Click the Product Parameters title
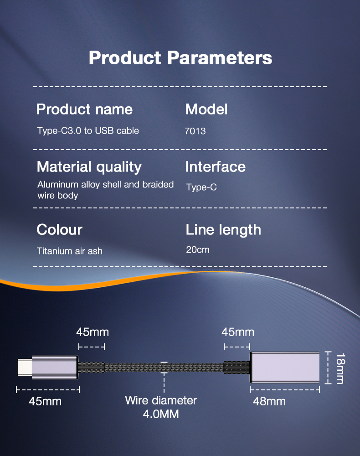coord(180,57)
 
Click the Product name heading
coord(84,109)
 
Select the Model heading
coord(206,109)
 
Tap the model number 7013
coord(195,131)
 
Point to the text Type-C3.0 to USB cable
coord(88,131)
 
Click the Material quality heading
coord(89,167)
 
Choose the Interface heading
coord(215,167)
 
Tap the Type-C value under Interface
coord(201,187)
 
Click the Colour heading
coord(60,230)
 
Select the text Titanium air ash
coord(69,251)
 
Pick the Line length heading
coord(223,230)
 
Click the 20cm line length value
coord(198,250)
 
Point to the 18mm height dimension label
coord(340,368)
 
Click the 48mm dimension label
coord(269,402)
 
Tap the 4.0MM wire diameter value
coord(161,414)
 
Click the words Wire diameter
coord(161,400)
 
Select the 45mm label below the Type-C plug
coord(45,402)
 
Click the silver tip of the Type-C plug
coord(25,368)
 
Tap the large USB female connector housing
coord(285,367)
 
